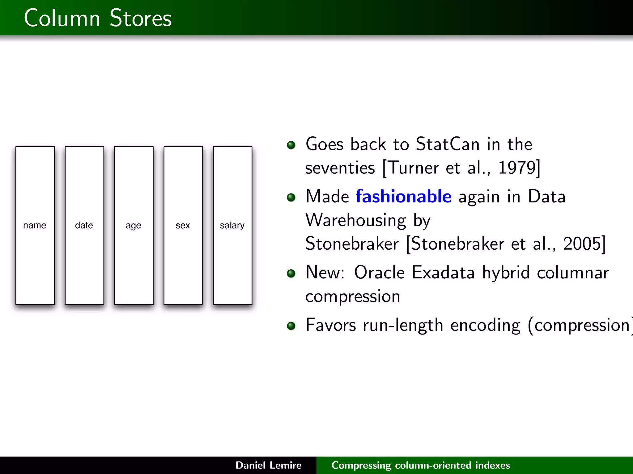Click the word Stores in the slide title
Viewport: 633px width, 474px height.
tap(140, 18)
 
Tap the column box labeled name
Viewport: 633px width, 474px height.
tap(35, 226)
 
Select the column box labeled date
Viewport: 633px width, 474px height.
tap(84, 226)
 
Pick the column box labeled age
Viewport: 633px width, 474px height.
tap(134, 226)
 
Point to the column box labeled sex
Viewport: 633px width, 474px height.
tap(183, 226)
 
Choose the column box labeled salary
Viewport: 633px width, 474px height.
tap(232, 226)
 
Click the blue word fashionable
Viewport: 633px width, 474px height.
tap(404, 197)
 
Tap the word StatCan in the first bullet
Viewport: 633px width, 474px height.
tap(448, 144)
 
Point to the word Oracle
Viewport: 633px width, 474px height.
tap(379, 272)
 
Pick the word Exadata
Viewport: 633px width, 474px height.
tap(443, 272)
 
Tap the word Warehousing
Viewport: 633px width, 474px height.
tap(355, 220)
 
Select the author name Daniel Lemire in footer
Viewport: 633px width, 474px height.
tap(268, 465)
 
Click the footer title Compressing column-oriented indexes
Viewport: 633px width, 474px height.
tap(420, 465)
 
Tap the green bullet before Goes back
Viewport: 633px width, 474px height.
tap(291, 145)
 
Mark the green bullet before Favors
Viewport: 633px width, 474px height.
tap(291, 326)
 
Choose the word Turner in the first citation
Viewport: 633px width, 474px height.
tap(413, 168)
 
